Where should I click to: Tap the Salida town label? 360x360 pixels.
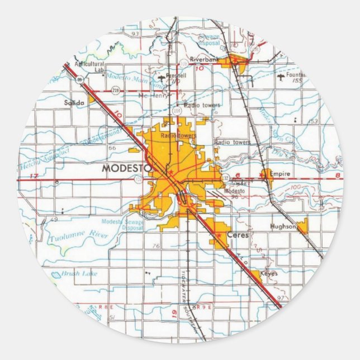tap(74, 102)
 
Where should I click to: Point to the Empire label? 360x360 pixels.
tap(280, 174)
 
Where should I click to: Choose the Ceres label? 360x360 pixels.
tap(237, 235)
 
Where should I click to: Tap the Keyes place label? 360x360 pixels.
tap(268, 273)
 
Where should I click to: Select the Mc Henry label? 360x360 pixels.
tap(150, 96)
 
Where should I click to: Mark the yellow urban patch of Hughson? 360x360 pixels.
tap(302, 226)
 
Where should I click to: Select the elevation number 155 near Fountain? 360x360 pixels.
tap(299, 81)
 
